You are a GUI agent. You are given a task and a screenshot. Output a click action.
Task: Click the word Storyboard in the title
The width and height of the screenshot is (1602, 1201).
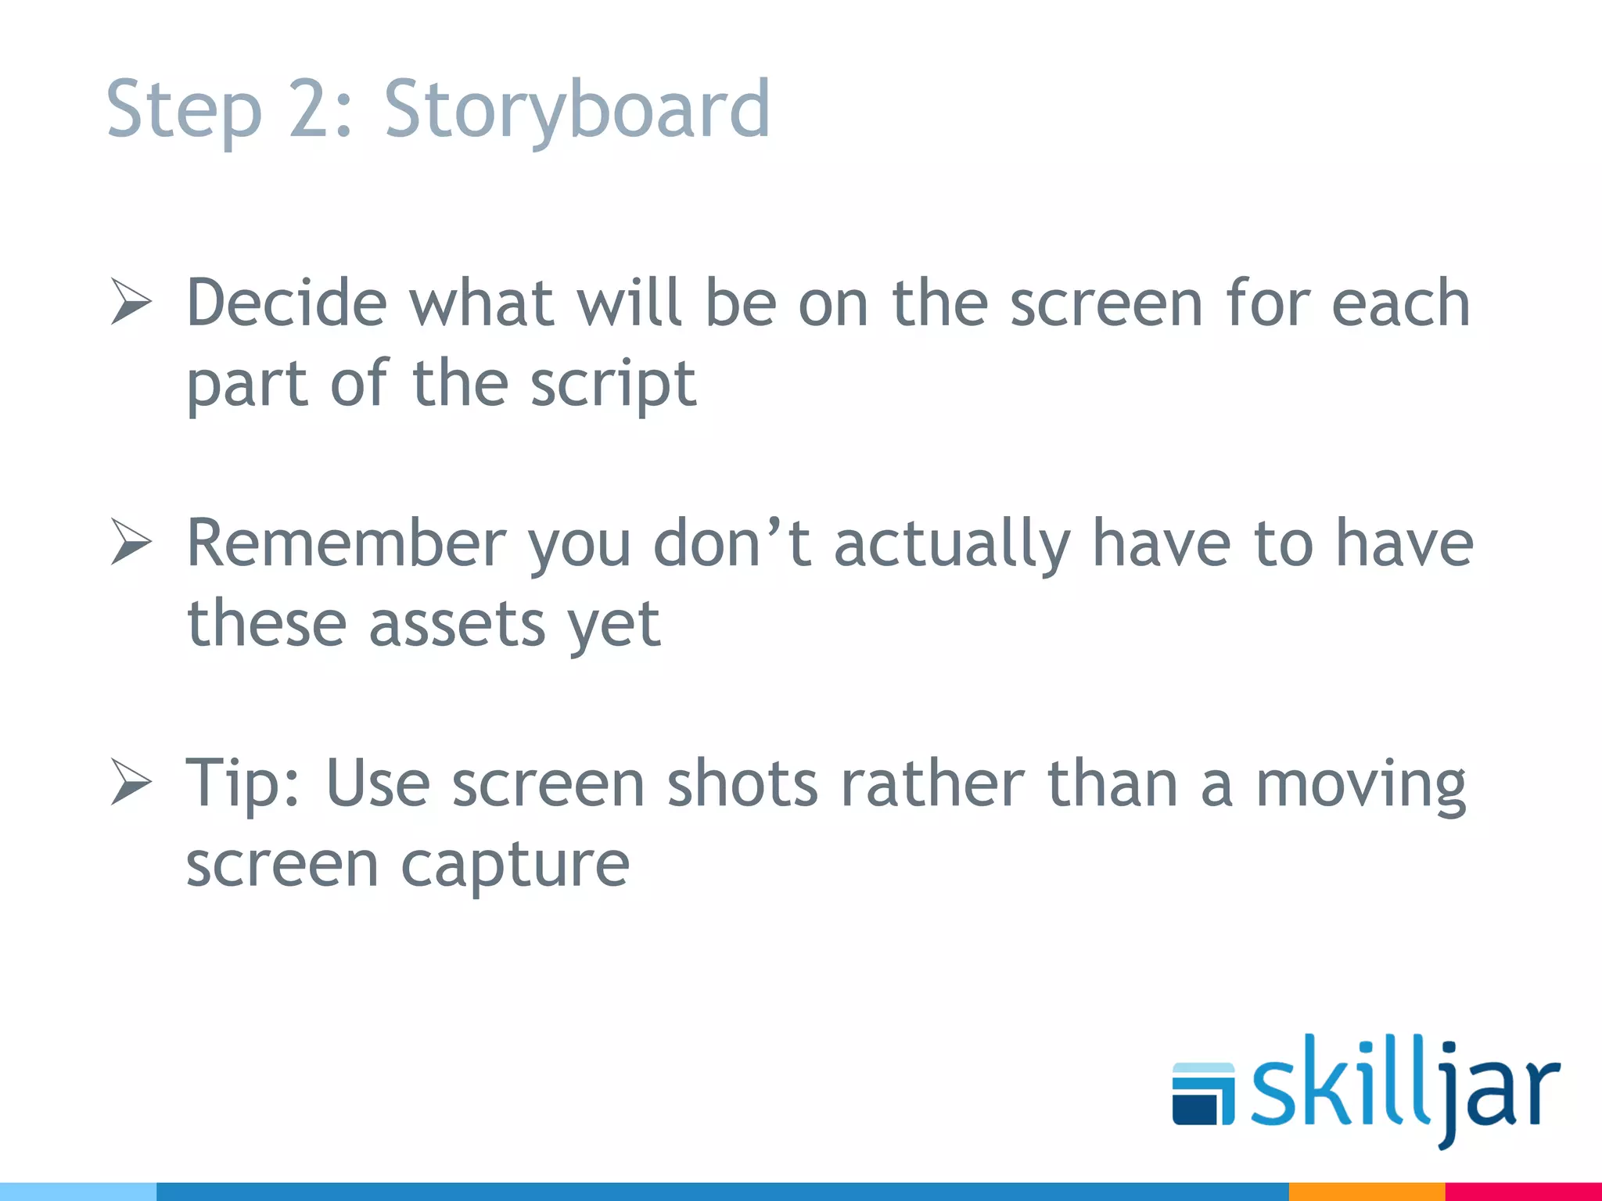click(x=577, y=109)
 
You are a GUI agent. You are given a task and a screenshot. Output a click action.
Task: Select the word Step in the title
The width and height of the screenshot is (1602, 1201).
click(x=183, y=109)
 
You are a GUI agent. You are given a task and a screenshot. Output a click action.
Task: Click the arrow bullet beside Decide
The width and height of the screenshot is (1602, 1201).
click(x=131, y=301)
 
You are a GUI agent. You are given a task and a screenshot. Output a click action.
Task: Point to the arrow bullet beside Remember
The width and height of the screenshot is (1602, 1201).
click(x=131, y=541)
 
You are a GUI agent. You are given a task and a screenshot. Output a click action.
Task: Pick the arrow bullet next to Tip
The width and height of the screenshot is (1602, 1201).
click(x=131, y=781)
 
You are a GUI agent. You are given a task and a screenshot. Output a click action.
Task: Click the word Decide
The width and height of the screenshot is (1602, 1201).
click(x=287, y=303)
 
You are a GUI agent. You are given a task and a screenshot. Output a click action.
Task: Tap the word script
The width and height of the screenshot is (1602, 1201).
click(x=612, y=385)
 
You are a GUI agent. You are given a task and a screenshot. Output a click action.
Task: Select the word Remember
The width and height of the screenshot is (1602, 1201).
click(x=347, y=543)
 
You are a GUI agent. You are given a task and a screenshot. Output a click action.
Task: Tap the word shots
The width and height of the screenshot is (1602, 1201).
click(x=742, y=783)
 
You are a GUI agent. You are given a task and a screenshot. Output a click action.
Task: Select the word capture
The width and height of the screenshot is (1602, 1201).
click(x=515, y=866)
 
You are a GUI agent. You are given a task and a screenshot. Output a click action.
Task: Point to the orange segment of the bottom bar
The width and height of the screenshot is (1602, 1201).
click(x=1366, y=1192)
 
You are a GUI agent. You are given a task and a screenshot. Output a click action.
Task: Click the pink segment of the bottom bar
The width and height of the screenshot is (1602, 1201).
click(x=1523, y=1192)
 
